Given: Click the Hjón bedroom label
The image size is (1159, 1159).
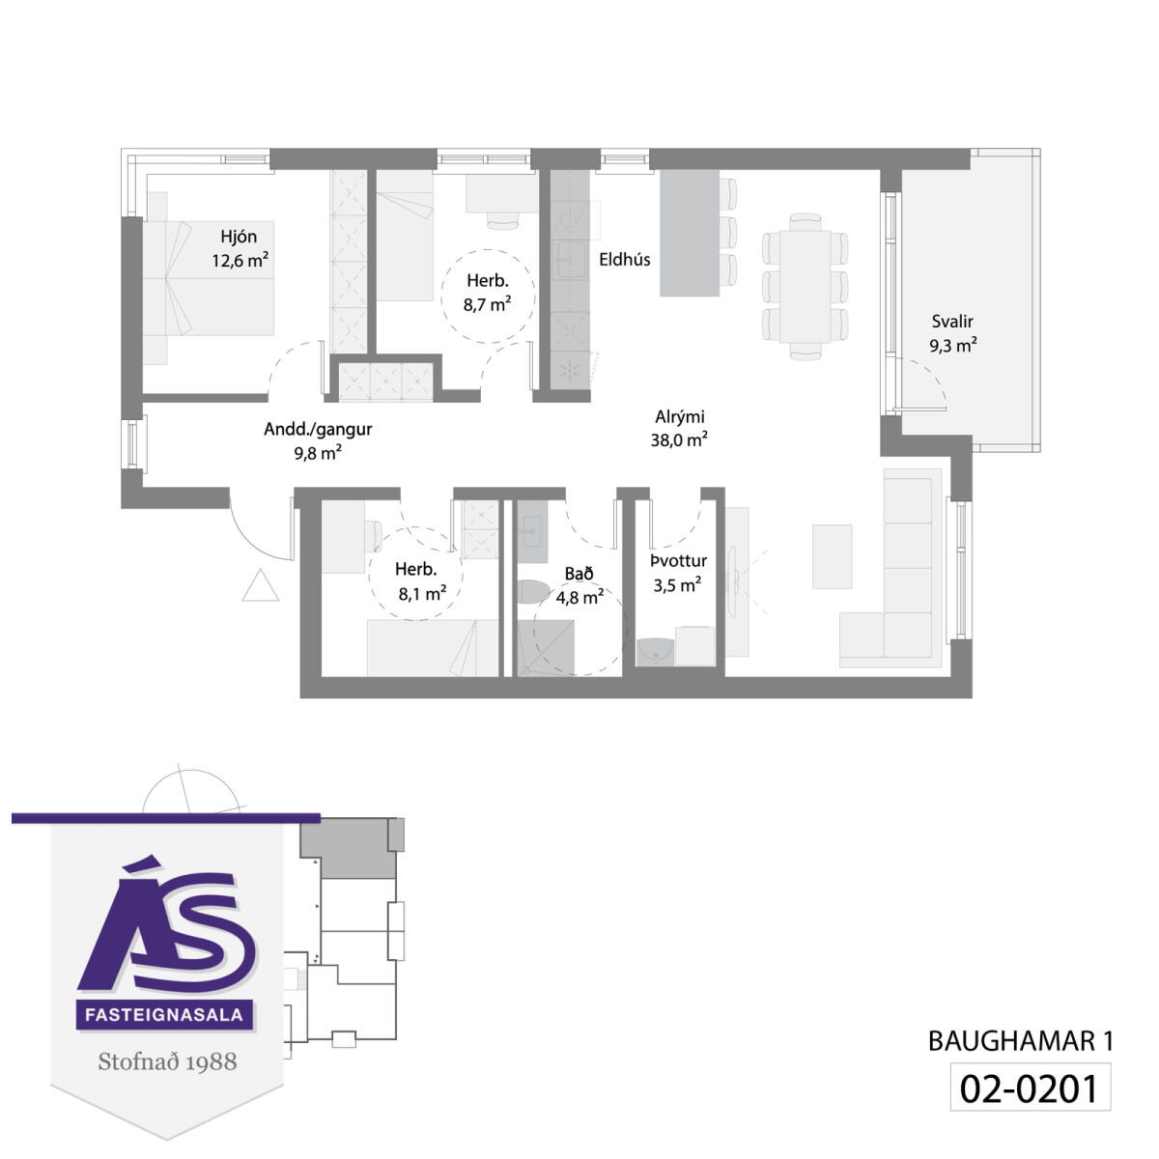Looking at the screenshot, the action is [239, 237].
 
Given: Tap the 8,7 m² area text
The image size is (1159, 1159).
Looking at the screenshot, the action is [487, 304].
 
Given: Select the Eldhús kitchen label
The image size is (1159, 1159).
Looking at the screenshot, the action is [624, 259].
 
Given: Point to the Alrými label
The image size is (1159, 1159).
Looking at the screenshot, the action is [680, 417].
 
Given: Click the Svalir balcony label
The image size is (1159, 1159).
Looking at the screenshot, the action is [952, 322].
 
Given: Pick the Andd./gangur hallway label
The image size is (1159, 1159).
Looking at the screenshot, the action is [318, 430].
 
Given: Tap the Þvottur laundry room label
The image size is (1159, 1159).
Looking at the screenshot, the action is [678, 561].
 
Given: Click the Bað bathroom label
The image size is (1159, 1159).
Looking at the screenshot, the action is [579, 574].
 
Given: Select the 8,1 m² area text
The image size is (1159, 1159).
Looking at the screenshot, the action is [422, 594].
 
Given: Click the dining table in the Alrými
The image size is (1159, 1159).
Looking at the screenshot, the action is [805, 286].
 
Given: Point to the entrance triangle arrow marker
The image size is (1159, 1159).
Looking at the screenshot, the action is [261, 585].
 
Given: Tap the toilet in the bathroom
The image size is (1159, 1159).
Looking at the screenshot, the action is [533, 591].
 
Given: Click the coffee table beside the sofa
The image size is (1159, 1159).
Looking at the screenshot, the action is [832, 556].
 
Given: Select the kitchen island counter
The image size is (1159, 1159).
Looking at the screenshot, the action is [690, 233].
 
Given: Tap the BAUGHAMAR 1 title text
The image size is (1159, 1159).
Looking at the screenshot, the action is [1021, 1042].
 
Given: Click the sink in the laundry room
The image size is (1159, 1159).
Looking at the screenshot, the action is [655, 652].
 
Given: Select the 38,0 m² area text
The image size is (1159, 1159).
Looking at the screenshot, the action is [678, 440].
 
